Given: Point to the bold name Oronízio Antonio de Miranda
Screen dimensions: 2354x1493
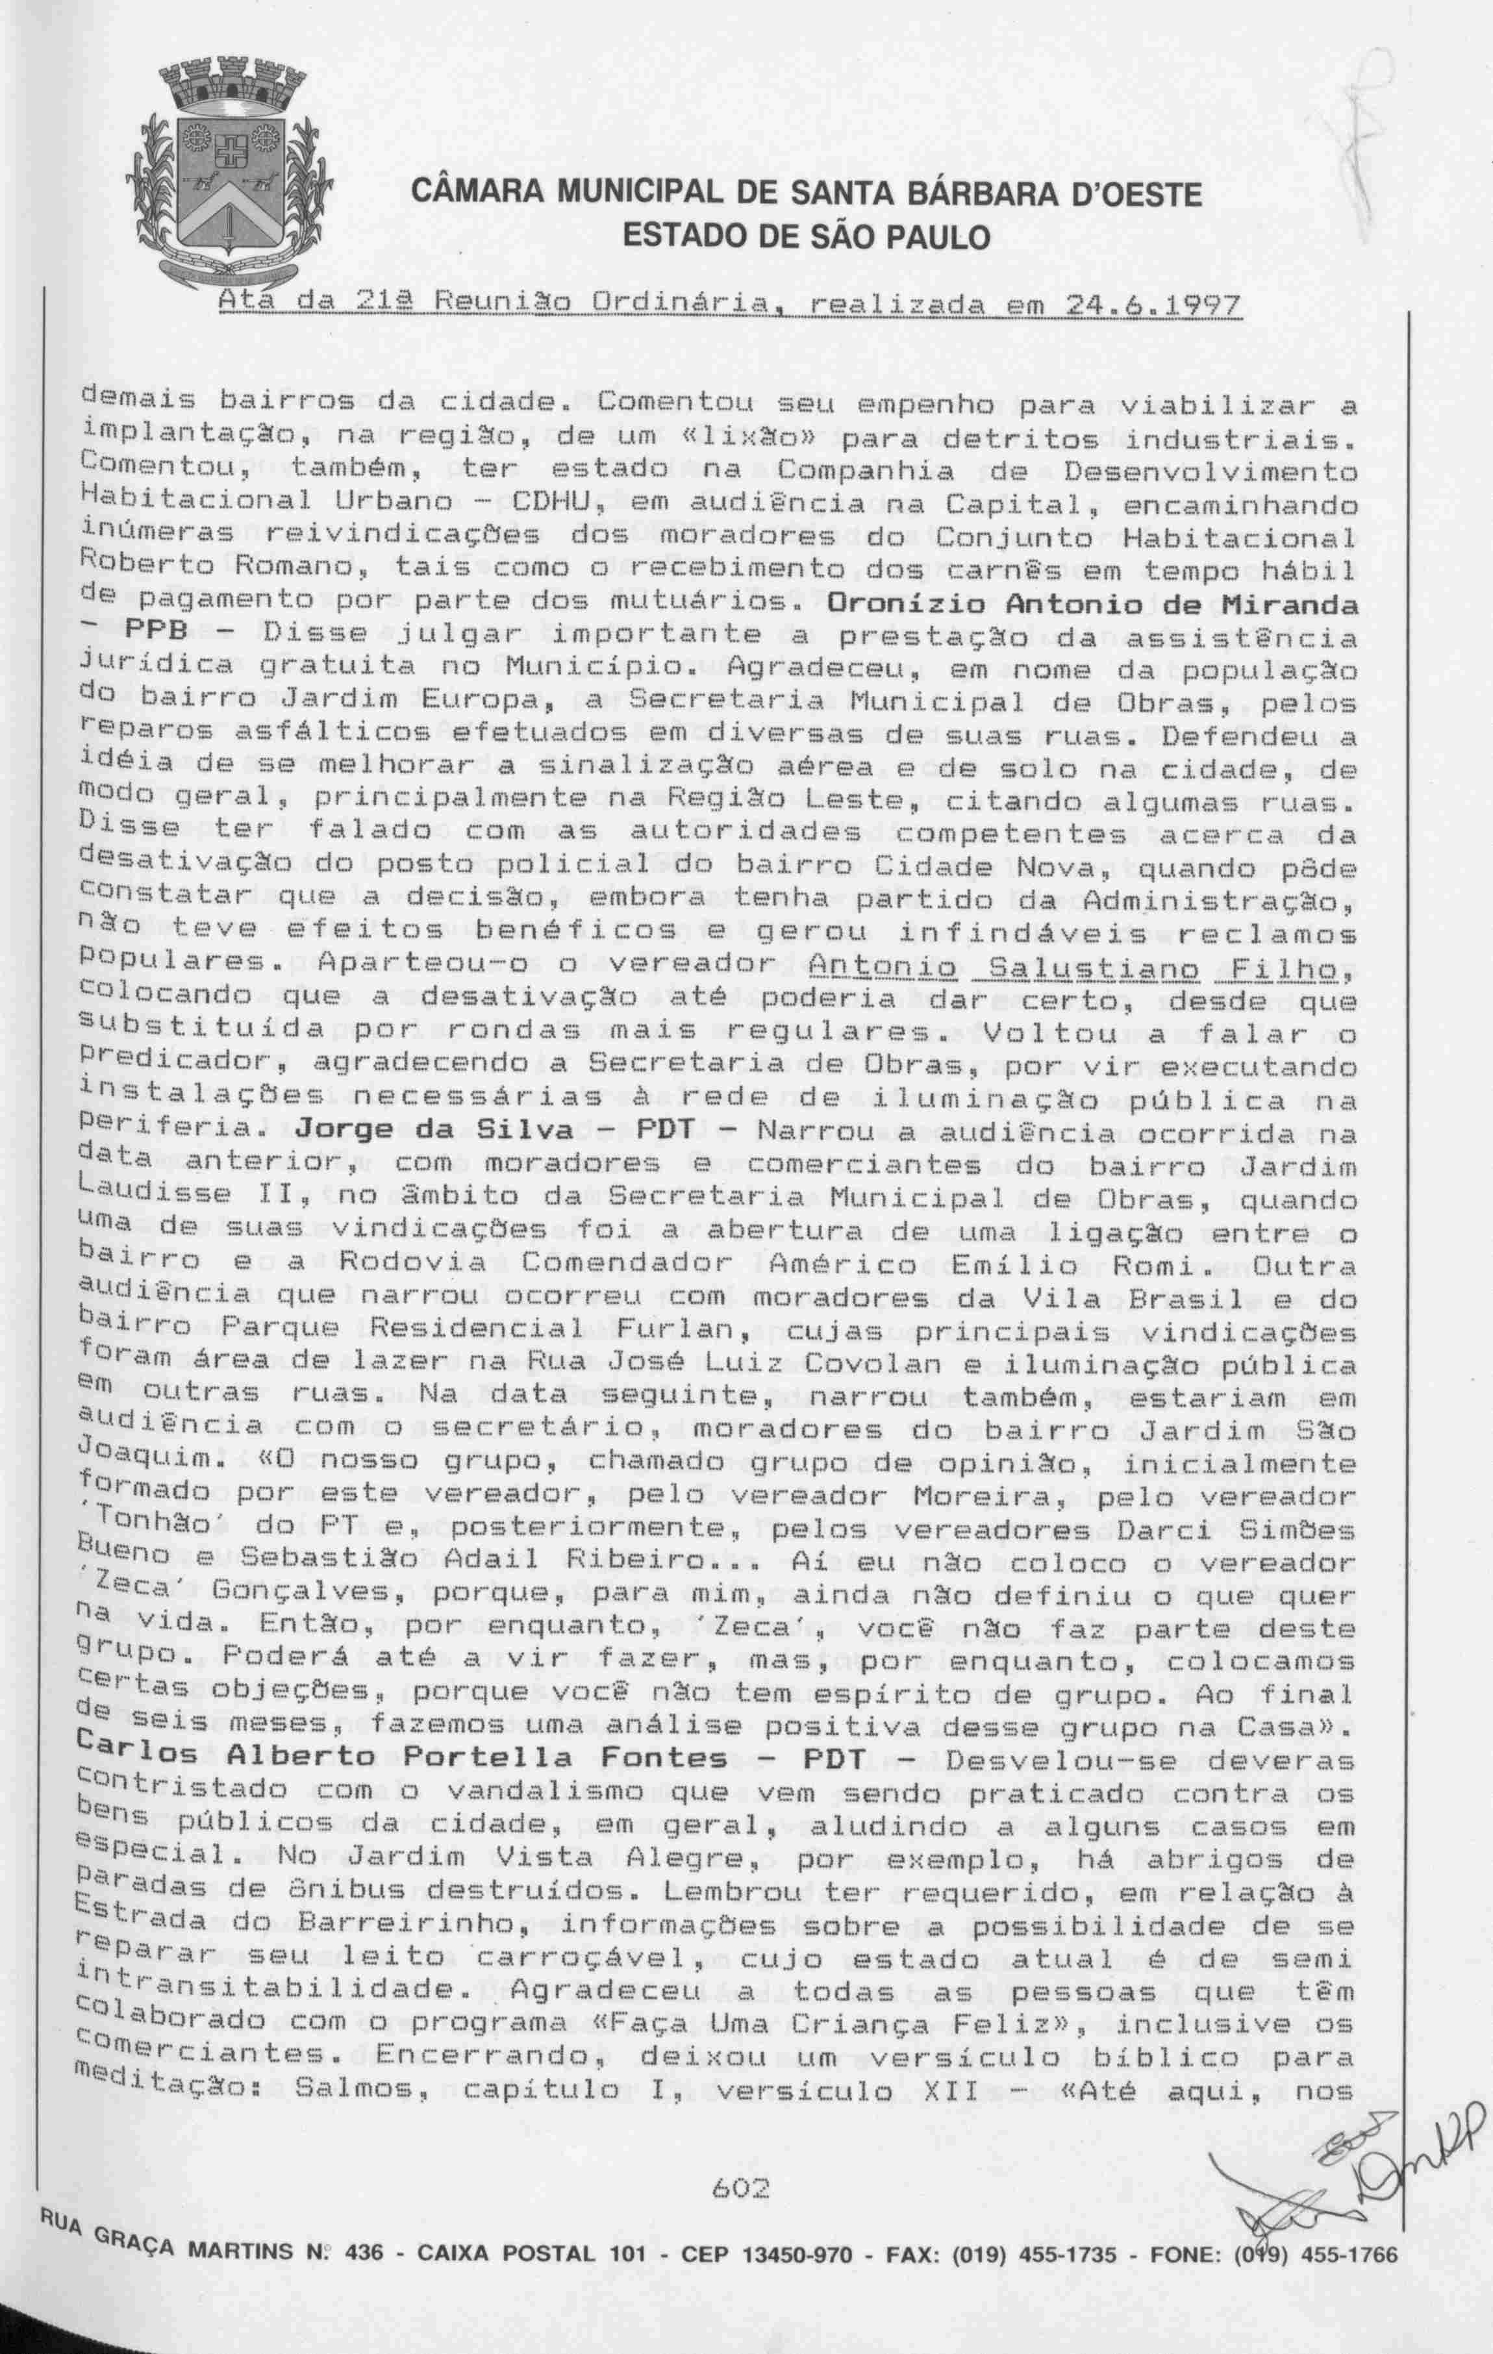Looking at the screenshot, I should (1093, 605).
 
